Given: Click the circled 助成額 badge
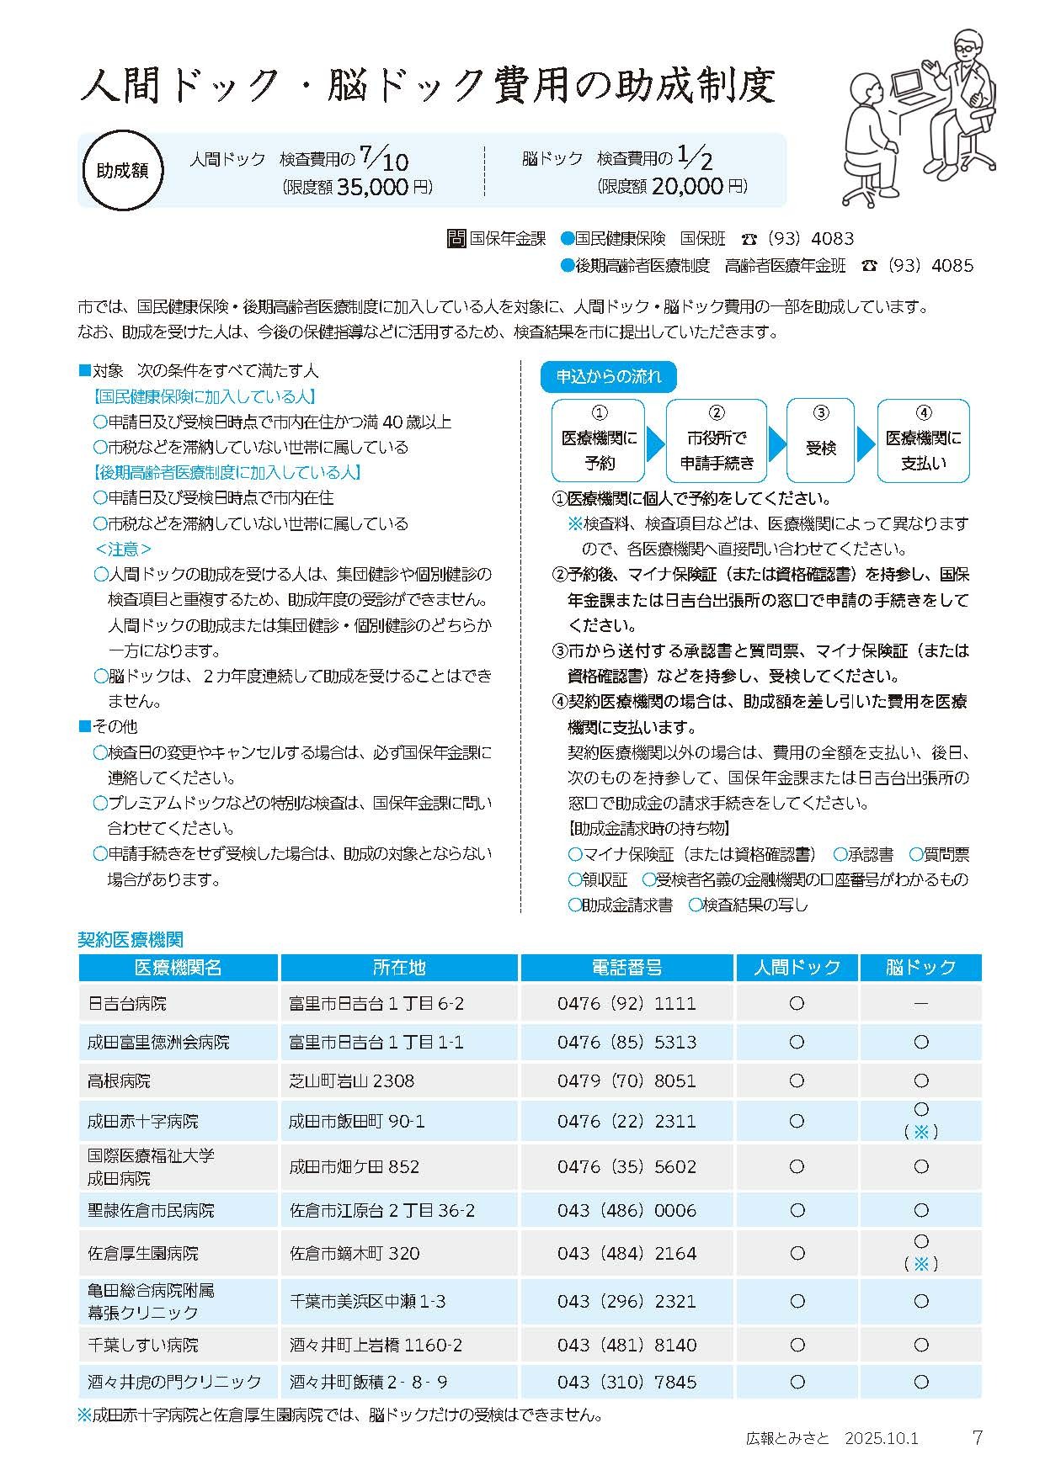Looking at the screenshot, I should (x=122, y=170).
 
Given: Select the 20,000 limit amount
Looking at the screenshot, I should (x=686, y=187).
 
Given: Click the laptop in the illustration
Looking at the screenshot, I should (x=909, y=83).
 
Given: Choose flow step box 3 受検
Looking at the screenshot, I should (x=820, y=440).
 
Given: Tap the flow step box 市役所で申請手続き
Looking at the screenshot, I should (x=717, y=440).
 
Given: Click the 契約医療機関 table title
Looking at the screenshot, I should (x=131, y=940).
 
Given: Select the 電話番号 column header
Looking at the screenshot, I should (x=627, y=968).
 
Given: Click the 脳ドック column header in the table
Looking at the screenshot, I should (x=920, y=968).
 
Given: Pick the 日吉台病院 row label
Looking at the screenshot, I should (x=127, y=1004).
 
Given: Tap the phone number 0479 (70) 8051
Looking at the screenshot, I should (x=626, y=1081).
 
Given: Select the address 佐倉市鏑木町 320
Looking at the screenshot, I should (x=355, y=1254).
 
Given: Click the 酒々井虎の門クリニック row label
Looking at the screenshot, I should (x=175, y=1382).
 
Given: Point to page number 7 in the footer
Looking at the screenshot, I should (x=977, y=1438).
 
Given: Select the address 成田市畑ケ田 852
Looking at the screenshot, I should (x=354, y=1167).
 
